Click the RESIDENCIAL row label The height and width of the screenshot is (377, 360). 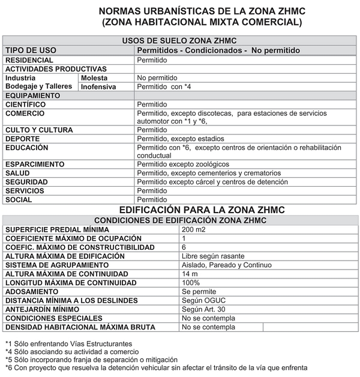(29, 60)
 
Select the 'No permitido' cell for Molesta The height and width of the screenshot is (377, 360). (157, 78)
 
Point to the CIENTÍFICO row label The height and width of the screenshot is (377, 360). (26, 104)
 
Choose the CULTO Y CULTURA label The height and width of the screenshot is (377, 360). (39, 130)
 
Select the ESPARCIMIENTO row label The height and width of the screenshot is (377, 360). (35, 164)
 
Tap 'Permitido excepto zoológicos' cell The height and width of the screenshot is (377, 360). (183, 164)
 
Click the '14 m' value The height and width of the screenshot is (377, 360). (190, 274)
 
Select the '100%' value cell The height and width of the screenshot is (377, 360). (191, 283)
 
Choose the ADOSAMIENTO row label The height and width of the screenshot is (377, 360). (32, 292)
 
